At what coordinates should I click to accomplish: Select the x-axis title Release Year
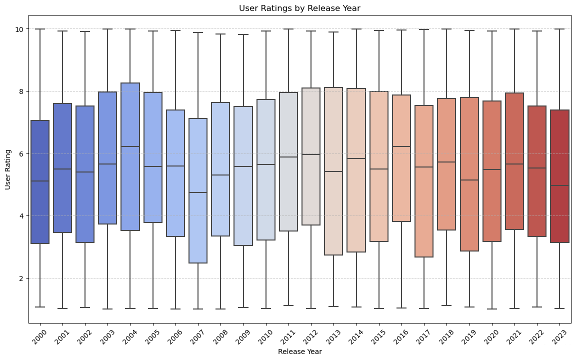(x=299, y=351)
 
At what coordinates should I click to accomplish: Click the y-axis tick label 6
(x=21, y=153)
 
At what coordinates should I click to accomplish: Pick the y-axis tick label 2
(x=21, y=278)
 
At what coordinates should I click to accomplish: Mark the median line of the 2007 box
(x=198, y=192)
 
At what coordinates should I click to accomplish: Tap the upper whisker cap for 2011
(x=289, y=29)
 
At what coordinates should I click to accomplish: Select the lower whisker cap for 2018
(x=447, y=305)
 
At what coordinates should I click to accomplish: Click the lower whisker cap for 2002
(x=85, y=307)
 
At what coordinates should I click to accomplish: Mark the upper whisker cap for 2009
(x=244, y=34)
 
